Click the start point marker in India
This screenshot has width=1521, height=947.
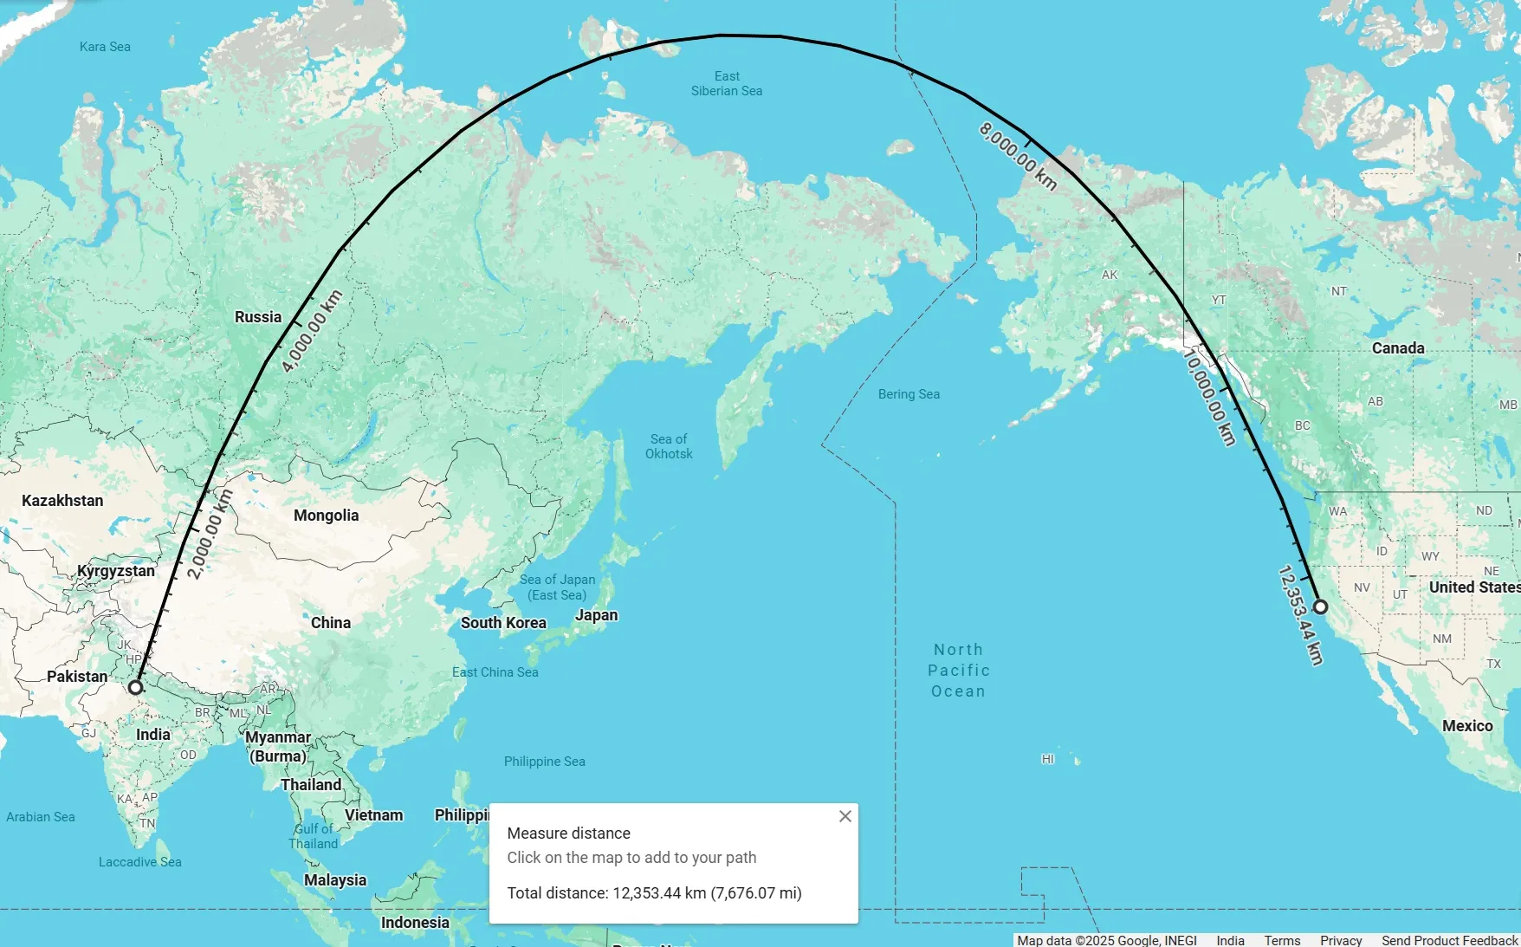coord(135,687)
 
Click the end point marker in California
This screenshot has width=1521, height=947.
coord(1320,606)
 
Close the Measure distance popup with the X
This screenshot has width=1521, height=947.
coord(845,816)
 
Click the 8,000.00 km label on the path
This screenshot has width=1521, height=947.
coord(1018,156)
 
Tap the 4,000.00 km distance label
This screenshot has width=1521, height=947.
coord(312,331)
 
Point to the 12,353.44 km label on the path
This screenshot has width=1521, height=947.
coord(1300,615)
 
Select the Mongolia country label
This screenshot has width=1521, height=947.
coord(326,516)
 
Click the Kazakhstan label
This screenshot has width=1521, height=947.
coord(62,501)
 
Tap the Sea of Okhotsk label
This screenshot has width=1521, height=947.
coord(669,446)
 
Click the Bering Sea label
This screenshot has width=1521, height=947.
coord(909,394)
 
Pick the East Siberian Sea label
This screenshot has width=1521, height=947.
coord(727,83)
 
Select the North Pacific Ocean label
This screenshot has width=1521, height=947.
coord(958,671)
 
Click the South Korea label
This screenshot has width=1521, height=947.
coord(503,623)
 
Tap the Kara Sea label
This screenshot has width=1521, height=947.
coord(105,47)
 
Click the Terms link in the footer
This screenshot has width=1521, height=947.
coord(1282,940)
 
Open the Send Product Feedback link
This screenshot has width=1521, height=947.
coord(1449,940)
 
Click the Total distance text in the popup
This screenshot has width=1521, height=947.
coord(654,893)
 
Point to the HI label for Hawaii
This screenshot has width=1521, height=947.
coord(1048,759)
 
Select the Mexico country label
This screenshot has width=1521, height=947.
coord(1467,726)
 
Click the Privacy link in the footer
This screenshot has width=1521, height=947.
coord(1341,940)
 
